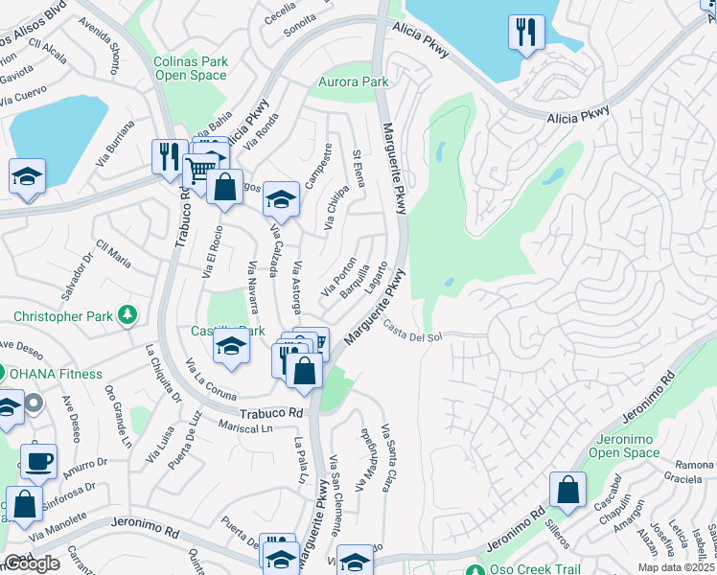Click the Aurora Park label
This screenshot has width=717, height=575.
[x=355, y=82]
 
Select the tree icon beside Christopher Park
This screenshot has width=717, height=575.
[x=126, y=314]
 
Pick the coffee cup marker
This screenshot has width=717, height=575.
[x=38, y=461]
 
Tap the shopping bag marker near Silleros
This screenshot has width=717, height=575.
[x=568, y=489]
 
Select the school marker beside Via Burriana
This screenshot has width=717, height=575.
[x=28, y=177]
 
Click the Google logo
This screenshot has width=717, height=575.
[x=32, y=563]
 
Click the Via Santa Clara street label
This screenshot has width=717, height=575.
[x=388, y=457]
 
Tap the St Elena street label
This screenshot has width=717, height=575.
[x=358, y=168]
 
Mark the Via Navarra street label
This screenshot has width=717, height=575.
[x=253, y=287]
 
